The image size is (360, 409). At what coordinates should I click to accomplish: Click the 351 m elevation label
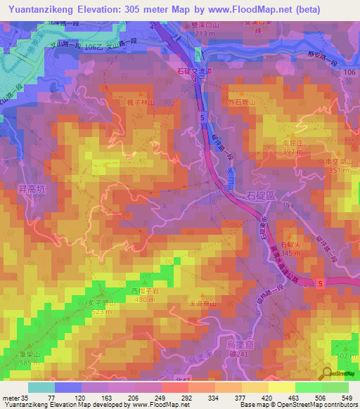point(337,170)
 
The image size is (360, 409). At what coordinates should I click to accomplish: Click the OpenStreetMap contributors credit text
point(320,404)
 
